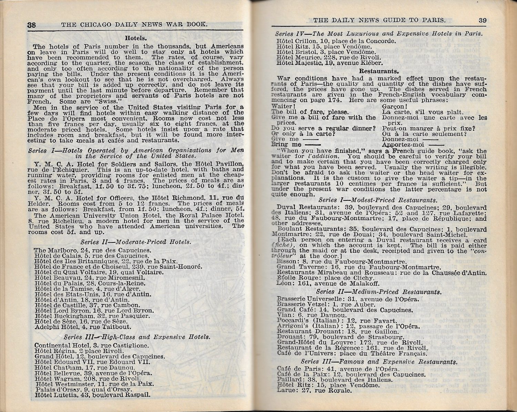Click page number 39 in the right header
click(x=483, y=20)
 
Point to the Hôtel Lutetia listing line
click(x=93, y=395)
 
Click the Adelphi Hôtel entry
click(x=83, y=327)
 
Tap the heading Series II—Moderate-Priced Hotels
click(x=136, y=242)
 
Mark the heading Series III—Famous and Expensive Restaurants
click(x=379, y=362)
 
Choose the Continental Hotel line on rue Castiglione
click(x=92, y=345)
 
